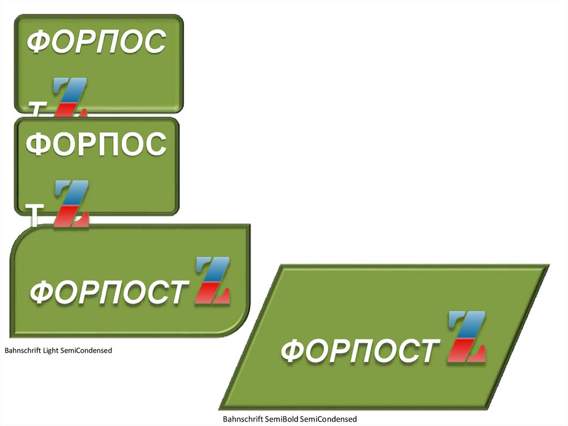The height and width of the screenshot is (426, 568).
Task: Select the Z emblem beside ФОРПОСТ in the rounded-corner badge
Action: click(x=213, y=281)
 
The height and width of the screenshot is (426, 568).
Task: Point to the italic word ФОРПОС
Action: click(x=97, y=42)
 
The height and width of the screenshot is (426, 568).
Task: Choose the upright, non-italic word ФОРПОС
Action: click(x=96, y=144)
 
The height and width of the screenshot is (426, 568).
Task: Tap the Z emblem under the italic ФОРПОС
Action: click(x=70, y=97)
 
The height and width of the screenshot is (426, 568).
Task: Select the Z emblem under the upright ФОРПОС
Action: click(x=72, y=203)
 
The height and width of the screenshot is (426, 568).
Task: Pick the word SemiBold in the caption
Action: click(x=282, y=419)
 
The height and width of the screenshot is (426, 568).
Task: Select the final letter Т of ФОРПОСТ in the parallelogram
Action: click(x=425, y=352)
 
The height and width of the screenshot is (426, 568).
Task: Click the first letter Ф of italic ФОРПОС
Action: click(x=39, y=42)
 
